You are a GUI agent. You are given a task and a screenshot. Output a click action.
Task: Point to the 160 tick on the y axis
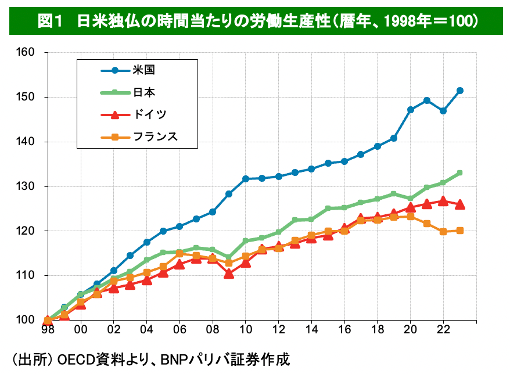(x=27, y=53)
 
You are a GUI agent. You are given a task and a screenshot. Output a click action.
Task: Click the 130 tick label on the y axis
(x=27, y=186)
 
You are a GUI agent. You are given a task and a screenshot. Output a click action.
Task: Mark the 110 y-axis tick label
(x=27, y=275)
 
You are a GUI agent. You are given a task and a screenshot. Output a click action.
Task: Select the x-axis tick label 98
(x=48, y=329)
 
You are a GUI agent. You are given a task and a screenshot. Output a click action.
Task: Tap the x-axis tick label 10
(x=246, y=329)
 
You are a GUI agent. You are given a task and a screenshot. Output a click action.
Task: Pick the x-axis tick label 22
(x=444, y=329)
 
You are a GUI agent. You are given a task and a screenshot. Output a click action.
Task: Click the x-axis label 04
(x=147, y=329)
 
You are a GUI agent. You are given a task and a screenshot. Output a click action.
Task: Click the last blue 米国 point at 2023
(x=460, y=91)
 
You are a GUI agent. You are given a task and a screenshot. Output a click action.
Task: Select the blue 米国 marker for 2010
(x=246, y=179)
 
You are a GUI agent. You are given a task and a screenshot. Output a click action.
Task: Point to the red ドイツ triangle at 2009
(x=229, y=274)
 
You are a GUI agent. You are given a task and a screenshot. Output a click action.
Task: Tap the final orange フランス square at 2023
(x=460, y=231)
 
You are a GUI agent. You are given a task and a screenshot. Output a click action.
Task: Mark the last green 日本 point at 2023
(x=460, y=173)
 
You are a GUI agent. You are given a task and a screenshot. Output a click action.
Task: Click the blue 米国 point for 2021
(x=427, y=100)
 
